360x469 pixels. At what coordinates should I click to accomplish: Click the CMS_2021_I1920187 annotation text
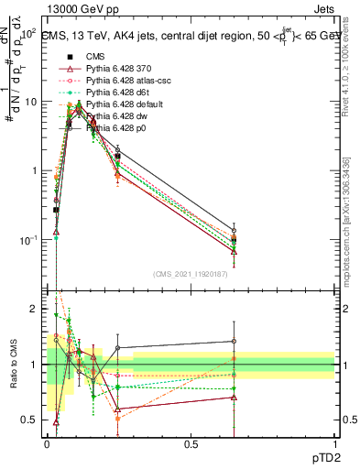191,275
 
